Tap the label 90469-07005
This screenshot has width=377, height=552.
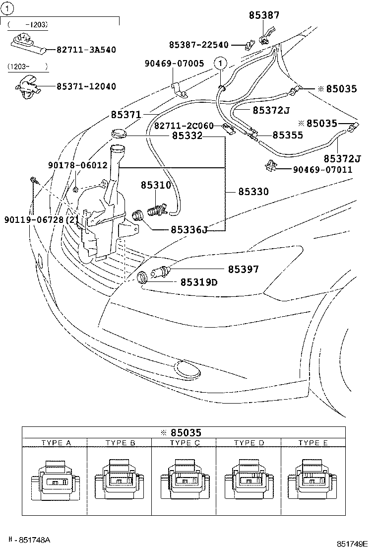click(174, 64)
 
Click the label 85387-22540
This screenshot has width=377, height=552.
click(198, 45)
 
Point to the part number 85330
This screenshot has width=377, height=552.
click(253, 191)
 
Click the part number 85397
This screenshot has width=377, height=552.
click(243, 269)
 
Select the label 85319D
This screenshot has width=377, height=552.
click(198, 282)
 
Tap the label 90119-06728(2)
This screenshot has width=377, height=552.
click(41, 219)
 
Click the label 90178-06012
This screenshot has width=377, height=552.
click(77, 165)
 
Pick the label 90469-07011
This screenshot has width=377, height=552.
click(322, 170)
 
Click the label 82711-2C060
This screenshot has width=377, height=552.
click(184, 126)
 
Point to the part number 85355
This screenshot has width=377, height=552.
click(288, 135)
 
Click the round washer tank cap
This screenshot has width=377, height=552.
click(119, 133)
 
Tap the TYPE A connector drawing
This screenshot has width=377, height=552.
click(55, 481)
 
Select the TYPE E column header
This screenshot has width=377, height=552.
click(313, 443)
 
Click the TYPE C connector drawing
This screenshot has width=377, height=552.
click(184, 481)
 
